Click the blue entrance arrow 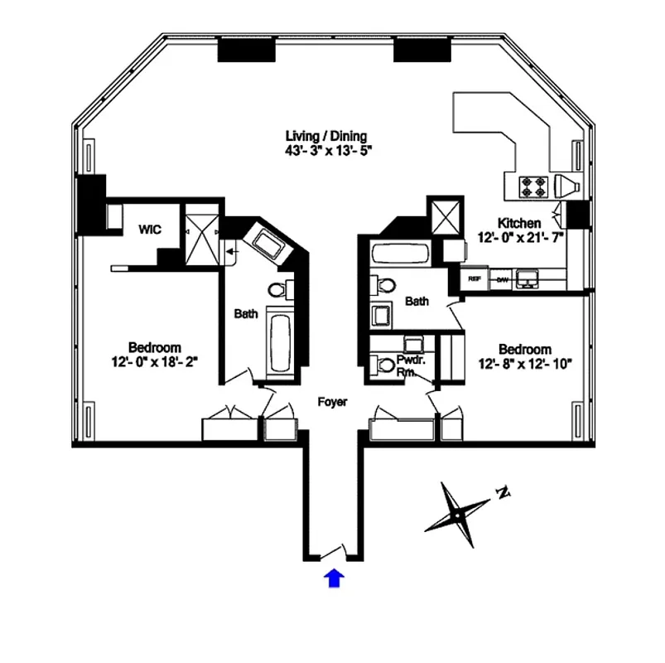(x=334, y=578)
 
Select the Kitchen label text (x=519, y=223)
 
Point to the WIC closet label (x=149, y=230)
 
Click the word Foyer (x=332, y=402)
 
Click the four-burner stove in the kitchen (x=532, y=186)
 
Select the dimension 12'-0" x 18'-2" (x=155, y=361)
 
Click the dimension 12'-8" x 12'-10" (x=525, y=363)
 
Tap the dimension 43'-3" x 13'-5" (x=325, y=151)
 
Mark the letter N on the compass (x=502, y=493)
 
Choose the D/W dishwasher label (x=502, y=279)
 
